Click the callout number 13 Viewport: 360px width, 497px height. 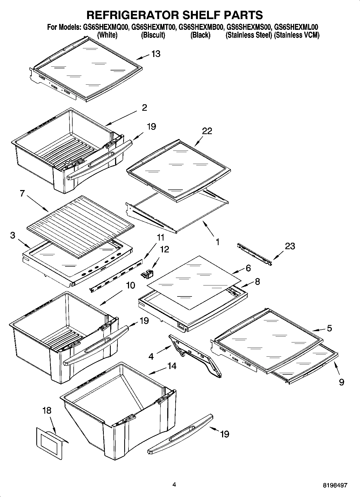(x=156, y=54)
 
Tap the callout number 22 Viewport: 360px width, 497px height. (x=207, y=131)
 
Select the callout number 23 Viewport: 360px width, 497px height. (x=290, y=246)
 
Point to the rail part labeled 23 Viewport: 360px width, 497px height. (x=254, y=254)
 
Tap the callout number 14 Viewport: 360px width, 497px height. (x=172, y=366)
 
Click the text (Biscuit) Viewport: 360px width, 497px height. (x=153, y=35)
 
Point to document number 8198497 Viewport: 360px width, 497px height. (x=335, y=485)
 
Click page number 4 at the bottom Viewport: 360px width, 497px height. (x=174, y=485)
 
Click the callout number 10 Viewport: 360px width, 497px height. (x=131, y=285)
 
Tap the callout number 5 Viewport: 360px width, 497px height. (x=329, y=328)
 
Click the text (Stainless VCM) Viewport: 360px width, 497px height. (x=297, y=35)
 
